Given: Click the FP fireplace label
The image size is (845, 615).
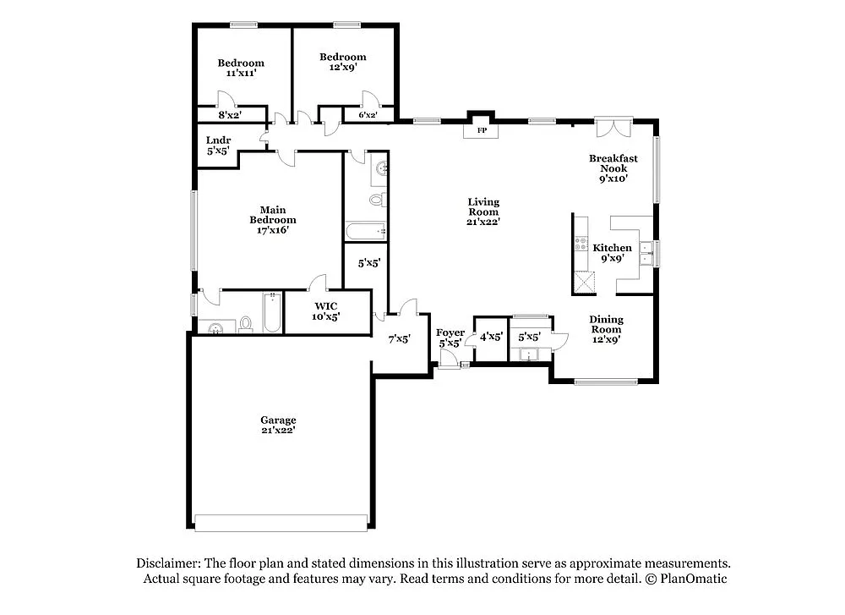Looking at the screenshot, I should [x=482, y=131].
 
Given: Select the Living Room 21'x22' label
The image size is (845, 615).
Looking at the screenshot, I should [x=483, y=211].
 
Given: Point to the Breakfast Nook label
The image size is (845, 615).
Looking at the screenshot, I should [x=613, y=168].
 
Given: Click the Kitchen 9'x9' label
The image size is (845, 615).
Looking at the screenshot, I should [x=612, y=253].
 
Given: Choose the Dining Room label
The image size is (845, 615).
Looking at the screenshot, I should [x=606, y=324].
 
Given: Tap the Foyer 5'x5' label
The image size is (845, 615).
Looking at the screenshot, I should [x=450, y=338].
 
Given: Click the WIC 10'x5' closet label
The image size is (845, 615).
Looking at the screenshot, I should [x=326, y=310].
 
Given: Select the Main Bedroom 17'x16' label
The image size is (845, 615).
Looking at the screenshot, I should [x=272, y=220].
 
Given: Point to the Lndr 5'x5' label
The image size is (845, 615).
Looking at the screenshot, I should [x=218, y=146].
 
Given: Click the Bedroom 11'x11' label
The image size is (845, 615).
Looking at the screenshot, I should [x=241, y=68].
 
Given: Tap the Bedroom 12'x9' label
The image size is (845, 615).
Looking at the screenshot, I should [x=342, y=63].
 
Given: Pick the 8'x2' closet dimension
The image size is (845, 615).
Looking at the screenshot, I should [x=229, y=115].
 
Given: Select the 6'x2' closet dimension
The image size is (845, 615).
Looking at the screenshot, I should [x=368, y=115].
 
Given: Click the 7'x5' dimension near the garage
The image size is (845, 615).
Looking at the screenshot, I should [x=399, y=339].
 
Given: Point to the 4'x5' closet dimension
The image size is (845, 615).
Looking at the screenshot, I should [x=491, y=337].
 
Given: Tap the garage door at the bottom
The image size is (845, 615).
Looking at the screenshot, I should [x=281, y=522].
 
